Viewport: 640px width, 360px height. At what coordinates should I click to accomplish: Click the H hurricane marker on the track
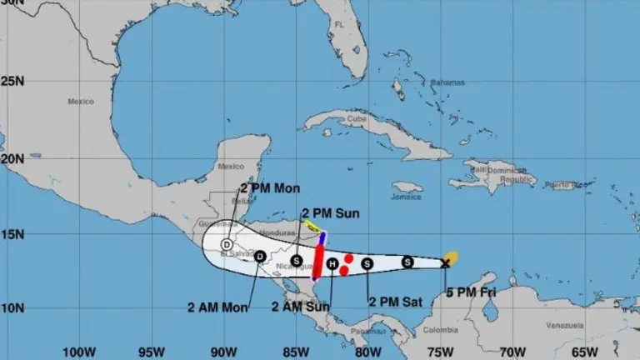click(x=332, y=264)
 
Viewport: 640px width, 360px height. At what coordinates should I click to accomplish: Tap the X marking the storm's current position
click(x=445, y=263)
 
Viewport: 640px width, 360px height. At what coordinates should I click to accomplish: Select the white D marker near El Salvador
click(x=226, y=244)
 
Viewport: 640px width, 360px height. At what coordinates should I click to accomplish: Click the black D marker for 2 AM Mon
click(x=260, y=256)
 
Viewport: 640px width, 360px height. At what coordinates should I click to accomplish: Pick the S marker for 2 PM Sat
click(x=367, y=264)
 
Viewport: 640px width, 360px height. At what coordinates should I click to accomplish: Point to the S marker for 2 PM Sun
click(x=297, y=260)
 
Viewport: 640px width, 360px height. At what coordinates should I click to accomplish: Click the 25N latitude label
click(x=12, y=82)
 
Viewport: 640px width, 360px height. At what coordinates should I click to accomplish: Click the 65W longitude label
click(x=585, y=352)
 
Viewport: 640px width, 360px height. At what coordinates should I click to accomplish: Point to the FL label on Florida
click(x=339, y=25)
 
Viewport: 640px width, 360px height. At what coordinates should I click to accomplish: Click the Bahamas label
click(x=447, y=82)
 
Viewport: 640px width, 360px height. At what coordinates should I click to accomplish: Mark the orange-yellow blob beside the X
click(x=451, y=256)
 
